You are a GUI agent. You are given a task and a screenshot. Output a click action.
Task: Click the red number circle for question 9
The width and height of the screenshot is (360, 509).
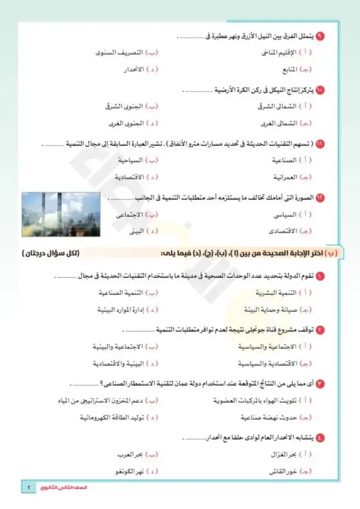pyautogui.click(x=321, y=36)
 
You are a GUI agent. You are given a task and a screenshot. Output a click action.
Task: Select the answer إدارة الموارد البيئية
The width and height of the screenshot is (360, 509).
pyautogui.click(x=119, y=309)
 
